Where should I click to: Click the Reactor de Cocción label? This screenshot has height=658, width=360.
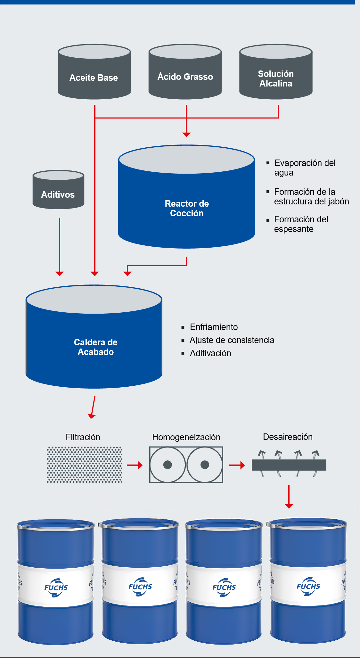click(187, 208)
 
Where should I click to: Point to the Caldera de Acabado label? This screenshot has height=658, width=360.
click(96, 347)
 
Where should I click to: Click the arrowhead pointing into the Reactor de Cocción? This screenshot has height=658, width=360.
click(186, 134)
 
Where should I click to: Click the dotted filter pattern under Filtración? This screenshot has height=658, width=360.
click(84, 465)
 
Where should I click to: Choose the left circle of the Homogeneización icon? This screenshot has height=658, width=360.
click(168, 465)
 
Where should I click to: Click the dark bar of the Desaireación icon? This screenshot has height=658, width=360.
click(289, 465)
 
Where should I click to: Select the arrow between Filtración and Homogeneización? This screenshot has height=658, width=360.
click(135, 465)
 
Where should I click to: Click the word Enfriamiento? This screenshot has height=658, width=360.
click(214, 327)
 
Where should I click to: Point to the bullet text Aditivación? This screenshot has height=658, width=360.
click(210, 353)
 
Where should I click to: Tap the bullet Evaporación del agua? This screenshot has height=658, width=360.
click(305, 168)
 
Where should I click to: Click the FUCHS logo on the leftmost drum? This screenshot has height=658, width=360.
click(56, 588)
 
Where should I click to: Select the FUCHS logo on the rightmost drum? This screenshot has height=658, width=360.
click(308, 587)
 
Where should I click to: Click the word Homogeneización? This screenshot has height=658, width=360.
click(186, 437)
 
